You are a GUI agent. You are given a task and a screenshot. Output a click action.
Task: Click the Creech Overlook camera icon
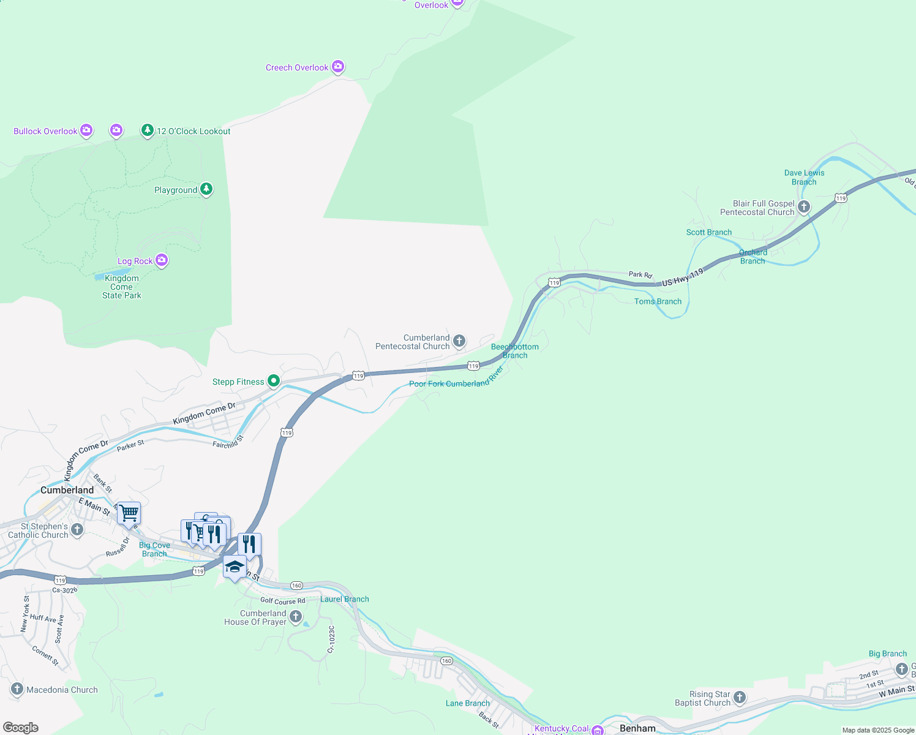tap(338, 67)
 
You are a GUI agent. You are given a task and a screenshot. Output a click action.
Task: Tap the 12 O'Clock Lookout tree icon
tap(147, 130)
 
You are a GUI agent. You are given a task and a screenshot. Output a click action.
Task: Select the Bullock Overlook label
tap(45, 131)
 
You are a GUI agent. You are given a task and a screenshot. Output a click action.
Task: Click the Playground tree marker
tap(206, 189)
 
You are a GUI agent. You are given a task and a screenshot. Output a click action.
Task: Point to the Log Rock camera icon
tap(161, 260)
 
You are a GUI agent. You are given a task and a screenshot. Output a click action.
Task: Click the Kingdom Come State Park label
tap(121, 287)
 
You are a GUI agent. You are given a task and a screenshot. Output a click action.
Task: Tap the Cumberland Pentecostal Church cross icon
tap(459, 341)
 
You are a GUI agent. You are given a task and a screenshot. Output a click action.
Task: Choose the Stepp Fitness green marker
tap(274, 381)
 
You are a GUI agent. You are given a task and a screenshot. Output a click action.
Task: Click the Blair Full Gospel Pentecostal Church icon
tap(804, 207)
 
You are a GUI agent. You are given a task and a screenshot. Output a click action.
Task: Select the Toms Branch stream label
tap(658, 301)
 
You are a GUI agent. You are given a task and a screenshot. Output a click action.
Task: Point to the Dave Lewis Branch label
tap(804, 178)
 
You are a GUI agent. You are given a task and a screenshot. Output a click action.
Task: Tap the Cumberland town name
tap(67, 490)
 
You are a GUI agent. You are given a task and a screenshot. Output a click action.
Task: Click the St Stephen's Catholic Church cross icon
tap(77, 530)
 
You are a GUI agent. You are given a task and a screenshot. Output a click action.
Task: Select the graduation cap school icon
tap(235, 567)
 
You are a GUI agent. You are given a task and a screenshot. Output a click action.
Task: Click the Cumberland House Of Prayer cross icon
tap(296, 617)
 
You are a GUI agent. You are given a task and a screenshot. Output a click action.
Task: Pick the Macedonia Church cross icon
tap(17, 689)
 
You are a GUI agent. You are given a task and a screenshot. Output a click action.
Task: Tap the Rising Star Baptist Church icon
tap(740, 698)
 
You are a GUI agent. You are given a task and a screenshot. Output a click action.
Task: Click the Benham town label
tap(637, 728)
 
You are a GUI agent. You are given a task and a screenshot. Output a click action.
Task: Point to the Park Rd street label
tap(640, 274)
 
